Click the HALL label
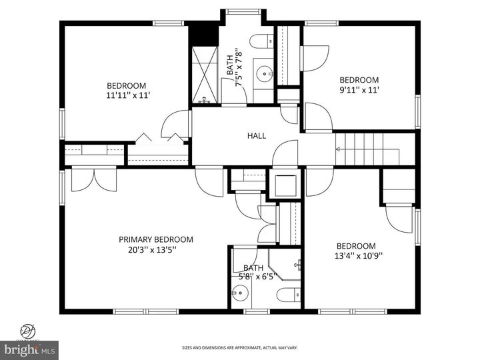click(257, 136)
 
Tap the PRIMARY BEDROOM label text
click(156, 239)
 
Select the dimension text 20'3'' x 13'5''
click(156, 251)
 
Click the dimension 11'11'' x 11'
click(127, 95)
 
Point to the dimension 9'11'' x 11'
click(359, 91)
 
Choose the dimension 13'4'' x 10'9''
click(359, 255)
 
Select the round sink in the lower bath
click(240, 293)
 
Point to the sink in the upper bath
click(265, 72)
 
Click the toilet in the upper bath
click(263, 41)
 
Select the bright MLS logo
click(29, 349)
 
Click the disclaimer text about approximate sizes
click(240, 347)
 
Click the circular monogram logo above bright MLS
click(29, 330)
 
